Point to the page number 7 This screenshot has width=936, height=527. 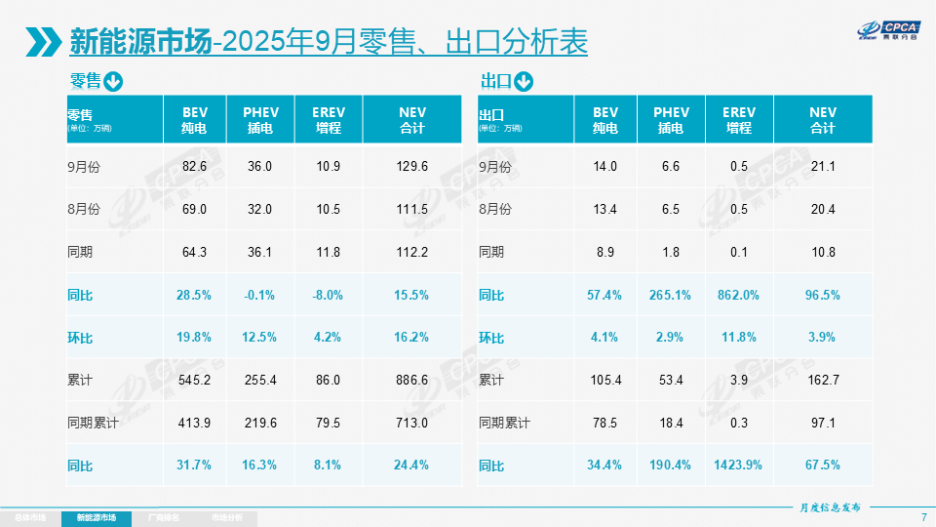pyautogui.click(x=923, y=517)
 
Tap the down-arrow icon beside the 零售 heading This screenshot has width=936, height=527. pyautogui.click(x=113, y=82)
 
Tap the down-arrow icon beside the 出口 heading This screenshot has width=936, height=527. pyautogui.click(x=525, y=82)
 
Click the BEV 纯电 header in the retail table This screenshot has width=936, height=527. pyautogui.click(x=194, y=120)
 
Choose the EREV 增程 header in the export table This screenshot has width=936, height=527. pyautogui.click(x=738, y=120)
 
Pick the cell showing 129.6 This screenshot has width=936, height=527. pyautogui.click(x=412, y=167)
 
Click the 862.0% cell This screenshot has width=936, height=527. pyautogui.click(x=738, y=295)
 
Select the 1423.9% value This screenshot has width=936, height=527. pyautogui.click(x=738, y=465)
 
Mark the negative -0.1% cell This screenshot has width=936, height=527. pyautogui.click(x=260, y=295)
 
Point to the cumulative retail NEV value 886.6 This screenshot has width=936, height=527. pyautogui.click(x=412, y=381)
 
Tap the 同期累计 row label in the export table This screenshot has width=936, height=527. pyautogui.click(x=505, y=423)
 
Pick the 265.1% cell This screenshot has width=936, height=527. pyautogui.click(x=671, y=295)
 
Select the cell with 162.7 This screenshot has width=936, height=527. pyautogui.click(x=823, y=381)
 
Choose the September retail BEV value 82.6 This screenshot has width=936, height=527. pyautogui.click(x=195, y=167)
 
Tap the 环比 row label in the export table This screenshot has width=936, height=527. pyautogui.click(x=492, y=338)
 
